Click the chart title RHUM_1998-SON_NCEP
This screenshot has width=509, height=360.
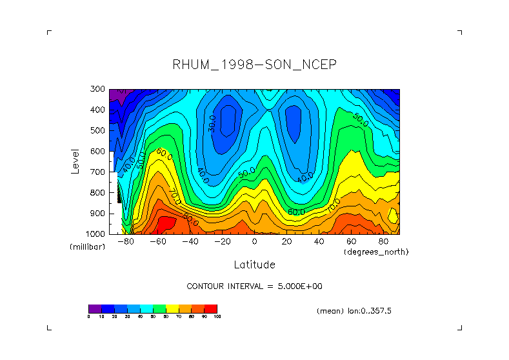point(255,65)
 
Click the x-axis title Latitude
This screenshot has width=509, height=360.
point(254,265)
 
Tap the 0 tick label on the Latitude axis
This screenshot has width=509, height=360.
point(254,241)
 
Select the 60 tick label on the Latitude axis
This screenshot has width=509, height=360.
point(351,241)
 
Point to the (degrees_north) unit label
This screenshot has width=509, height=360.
point(376,251)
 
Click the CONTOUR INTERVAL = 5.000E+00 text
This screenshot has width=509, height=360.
point(259,286)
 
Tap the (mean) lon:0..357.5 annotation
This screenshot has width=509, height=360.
point(354,311)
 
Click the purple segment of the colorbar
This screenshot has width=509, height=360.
point(95,308)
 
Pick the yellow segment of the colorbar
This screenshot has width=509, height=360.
point(172,308)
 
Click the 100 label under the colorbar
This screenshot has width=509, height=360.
point(217,317)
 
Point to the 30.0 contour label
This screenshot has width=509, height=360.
point(212,124)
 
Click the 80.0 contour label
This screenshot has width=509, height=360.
point(190,219)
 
